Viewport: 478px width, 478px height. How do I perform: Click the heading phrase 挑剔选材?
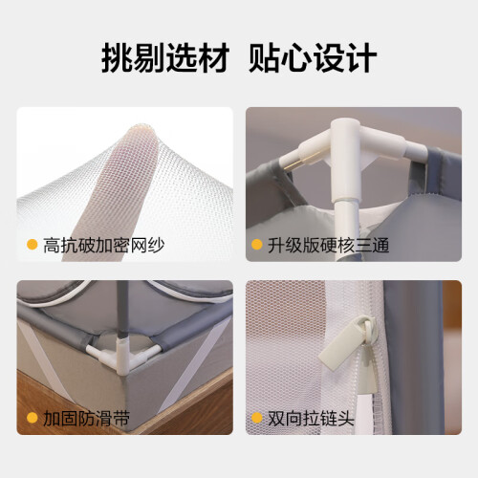[165, 58]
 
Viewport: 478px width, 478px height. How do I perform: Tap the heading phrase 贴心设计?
[313, 58]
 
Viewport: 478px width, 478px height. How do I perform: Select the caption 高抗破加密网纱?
[104, 246]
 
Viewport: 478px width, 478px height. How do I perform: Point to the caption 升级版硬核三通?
[328, 246]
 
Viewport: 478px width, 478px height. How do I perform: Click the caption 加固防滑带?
[86, 418]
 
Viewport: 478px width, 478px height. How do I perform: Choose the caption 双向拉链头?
[311, 418]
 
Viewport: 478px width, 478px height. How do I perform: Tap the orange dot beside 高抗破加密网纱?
[33, 245]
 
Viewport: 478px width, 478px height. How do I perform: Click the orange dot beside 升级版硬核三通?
[257, 245]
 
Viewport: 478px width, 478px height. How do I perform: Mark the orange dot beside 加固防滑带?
[33, 418]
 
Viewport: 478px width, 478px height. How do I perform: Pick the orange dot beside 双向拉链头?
[257, 418]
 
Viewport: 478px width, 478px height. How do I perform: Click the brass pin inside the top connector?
[301, 161]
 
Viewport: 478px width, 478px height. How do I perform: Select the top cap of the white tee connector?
[345, 124]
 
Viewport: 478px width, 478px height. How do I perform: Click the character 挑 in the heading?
[117, 58]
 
